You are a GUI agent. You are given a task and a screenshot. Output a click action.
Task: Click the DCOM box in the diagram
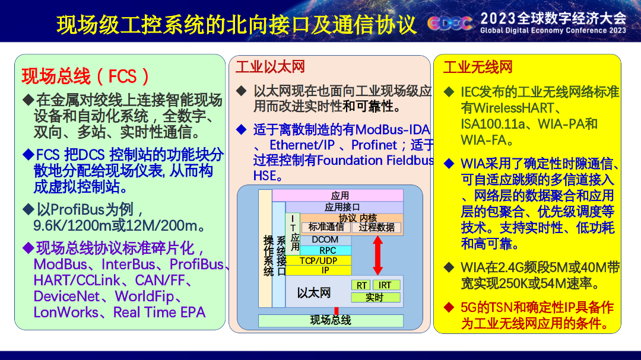point(325,240)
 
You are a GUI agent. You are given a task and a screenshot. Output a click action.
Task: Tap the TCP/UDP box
point(318,261)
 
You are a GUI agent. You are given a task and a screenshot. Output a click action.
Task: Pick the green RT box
point(361,285)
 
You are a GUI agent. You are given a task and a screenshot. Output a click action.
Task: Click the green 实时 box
point(376,297)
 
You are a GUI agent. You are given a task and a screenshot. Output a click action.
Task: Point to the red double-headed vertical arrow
point(377,256)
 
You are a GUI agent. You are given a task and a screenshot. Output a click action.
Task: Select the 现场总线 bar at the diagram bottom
point(331,320)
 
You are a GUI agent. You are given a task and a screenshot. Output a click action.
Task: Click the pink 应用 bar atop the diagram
point(338,195)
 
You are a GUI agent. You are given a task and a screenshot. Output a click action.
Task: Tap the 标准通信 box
point(326,227)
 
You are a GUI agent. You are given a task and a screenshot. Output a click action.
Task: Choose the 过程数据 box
point(376,227)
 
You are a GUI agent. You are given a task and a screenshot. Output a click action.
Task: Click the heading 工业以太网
point(270,66)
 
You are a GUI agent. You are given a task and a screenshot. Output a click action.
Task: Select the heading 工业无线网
point(478,66)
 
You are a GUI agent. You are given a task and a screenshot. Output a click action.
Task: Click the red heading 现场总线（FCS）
point(85,77)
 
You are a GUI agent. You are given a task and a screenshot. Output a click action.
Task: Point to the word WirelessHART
point(507,108)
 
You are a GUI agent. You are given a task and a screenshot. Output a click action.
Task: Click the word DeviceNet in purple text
point(66,297)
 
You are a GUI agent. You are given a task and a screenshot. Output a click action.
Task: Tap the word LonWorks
point(66,312)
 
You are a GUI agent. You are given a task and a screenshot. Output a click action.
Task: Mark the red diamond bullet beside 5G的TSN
point(449,307)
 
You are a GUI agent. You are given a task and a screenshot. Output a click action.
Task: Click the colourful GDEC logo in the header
point(450,23)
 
